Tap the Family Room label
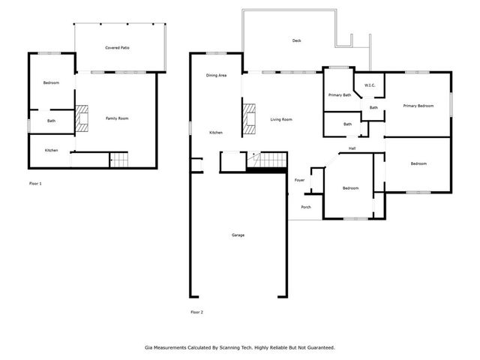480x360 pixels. point(116,118)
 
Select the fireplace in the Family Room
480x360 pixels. point(82,118)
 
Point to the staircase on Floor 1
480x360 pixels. point(119,159)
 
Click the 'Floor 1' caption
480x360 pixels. point(35,183)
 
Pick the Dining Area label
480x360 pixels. point(217,76)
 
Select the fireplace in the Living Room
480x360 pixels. point(249,119)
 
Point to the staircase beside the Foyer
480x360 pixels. point(269,160)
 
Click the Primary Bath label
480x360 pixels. point(340,94)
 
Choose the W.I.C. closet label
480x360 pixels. point(370,85)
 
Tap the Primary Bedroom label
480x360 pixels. point(418,106)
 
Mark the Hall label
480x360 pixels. point(352,148)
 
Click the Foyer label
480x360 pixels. point(299,180)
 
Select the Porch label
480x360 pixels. point(306,207)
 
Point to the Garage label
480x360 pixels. point(237,235)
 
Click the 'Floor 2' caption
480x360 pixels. point(196,311)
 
